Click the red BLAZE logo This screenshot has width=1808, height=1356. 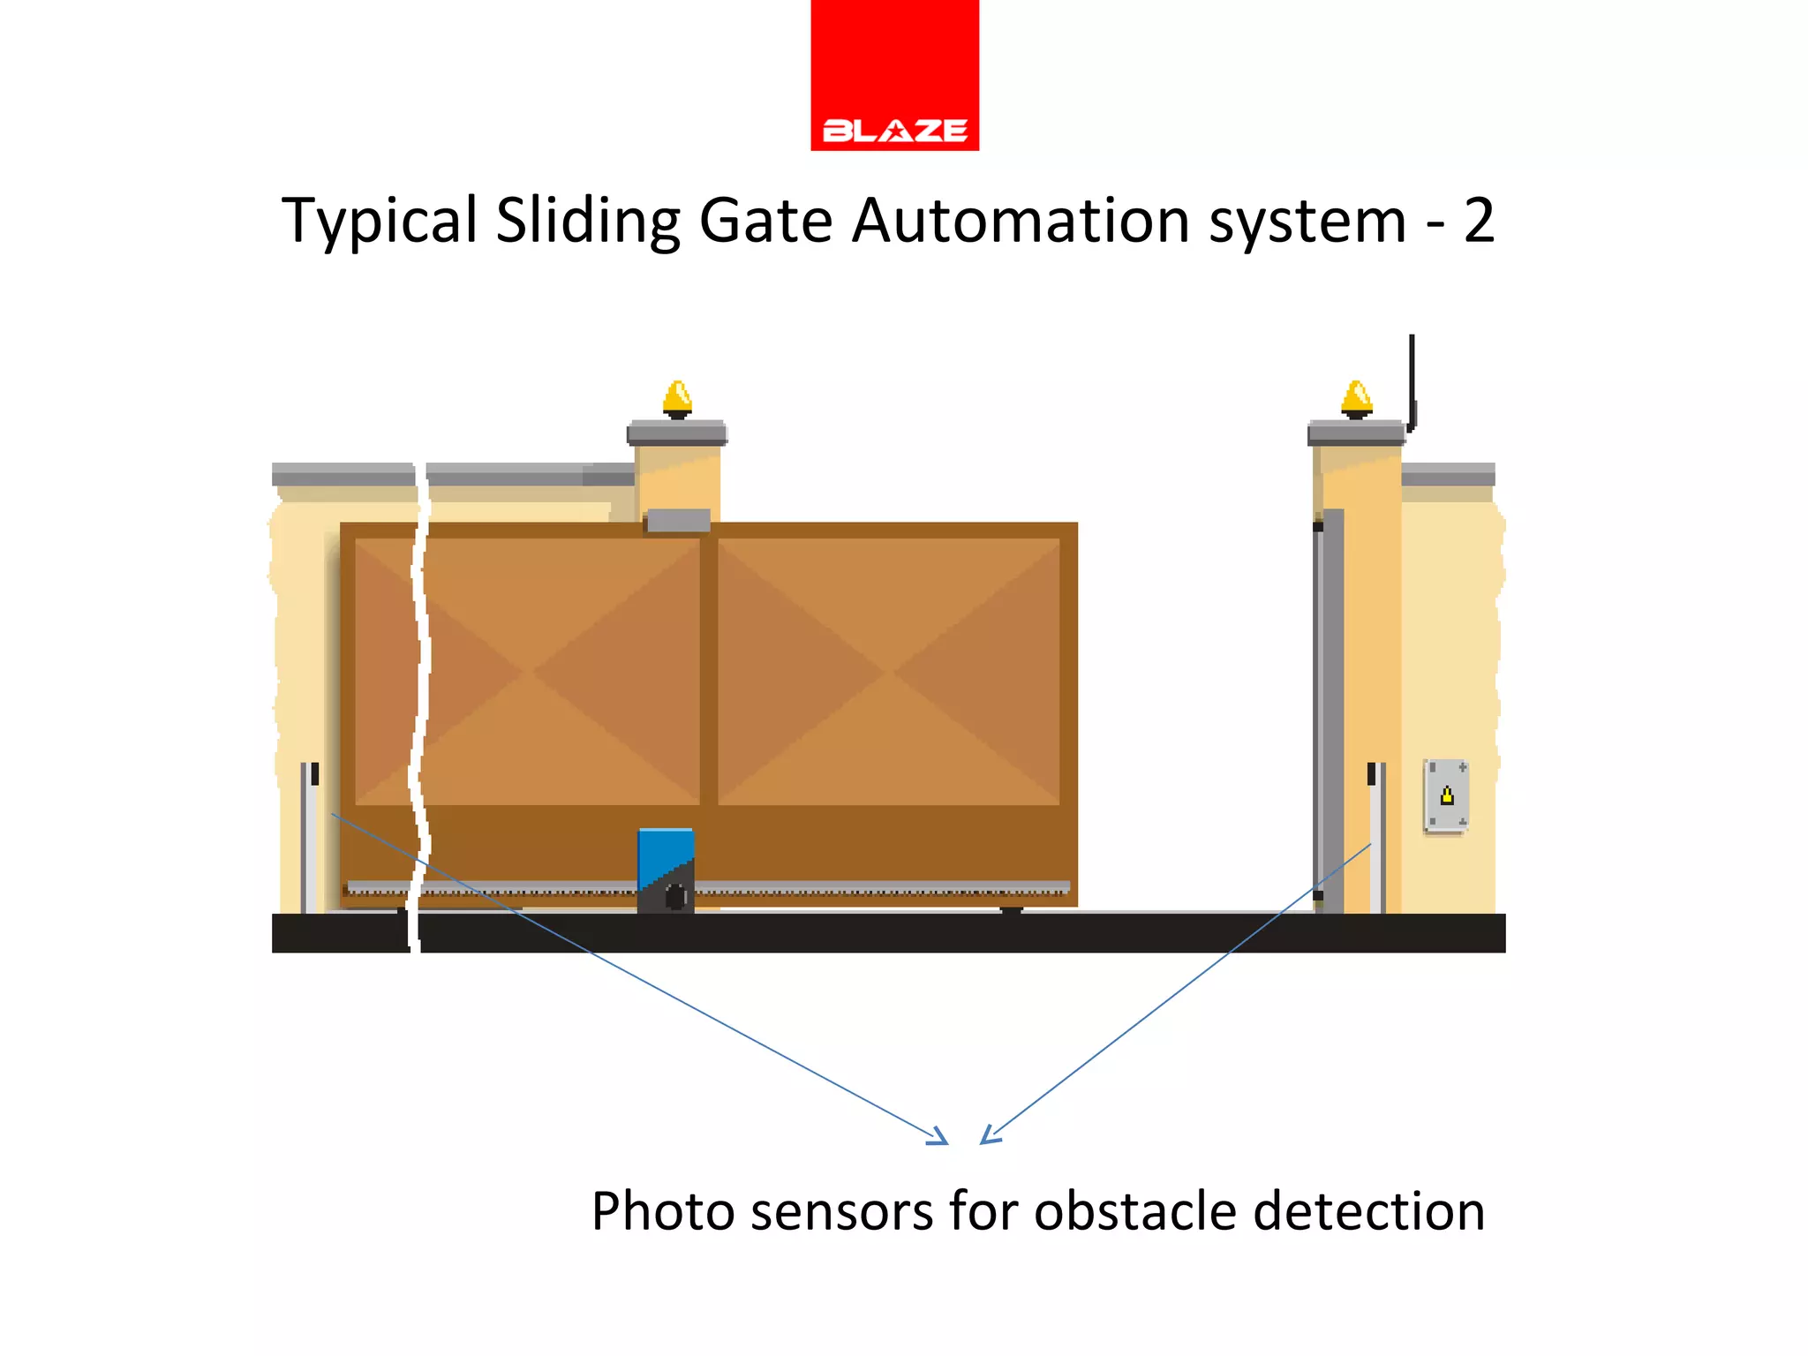(x=894, y=76)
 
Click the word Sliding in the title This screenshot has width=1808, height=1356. (x=587, y=221)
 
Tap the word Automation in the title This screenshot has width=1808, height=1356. (x=1020, y=221)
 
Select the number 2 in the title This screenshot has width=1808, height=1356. (x=1479, y=221)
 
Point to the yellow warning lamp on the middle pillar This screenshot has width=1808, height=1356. (x=677, y=399)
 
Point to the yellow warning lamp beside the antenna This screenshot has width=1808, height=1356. (x=1356, y=399)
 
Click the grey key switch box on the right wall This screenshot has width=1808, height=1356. (x=1446, y=795)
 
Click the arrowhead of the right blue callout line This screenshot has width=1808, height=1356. (x=988, y=1137)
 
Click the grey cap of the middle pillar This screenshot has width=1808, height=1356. (x=677, y=433)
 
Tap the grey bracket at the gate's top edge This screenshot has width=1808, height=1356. (x=678, y=521)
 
